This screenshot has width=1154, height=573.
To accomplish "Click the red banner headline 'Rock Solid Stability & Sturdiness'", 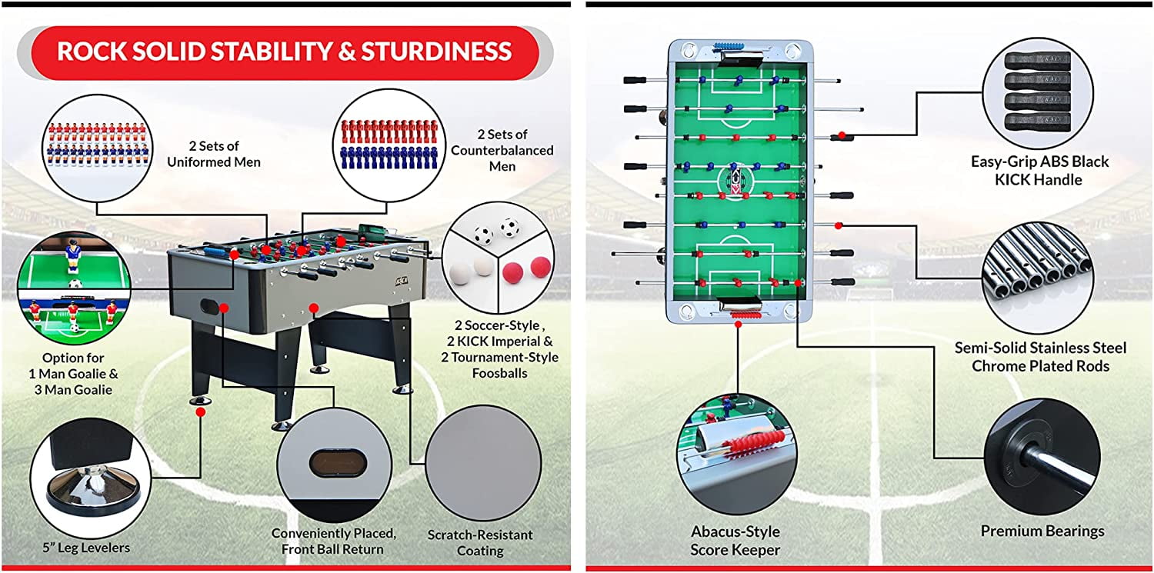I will (x=284, y=52).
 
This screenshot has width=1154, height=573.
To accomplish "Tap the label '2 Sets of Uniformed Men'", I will (x=214, y=153).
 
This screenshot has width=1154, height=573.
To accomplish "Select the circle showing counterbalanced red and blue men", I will (x=382, y=145).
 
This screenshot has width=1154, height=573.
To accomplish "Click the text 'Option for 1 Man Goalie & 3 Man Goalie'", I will (x=74, y=374).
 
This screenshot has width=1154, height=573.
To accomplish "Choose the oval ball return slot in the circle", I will (x=334, y=463).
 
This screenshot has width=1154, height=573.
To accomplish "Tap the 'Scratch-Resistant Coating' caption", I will (x=480, y=542).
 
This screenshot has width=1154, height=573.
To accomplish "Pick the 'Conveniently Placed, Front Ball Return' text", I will (x=334, y=541).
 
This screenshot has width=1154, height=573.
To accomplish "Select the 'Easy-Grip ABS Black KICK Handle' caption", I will (x=1040, y=170).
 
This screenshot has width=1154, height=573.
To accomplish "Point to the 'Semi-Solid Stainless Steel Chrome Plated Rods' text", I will (x=1040, y=357).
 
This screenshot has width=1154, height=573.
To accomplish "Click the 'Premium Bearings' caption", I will (x=1042, y=531).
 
